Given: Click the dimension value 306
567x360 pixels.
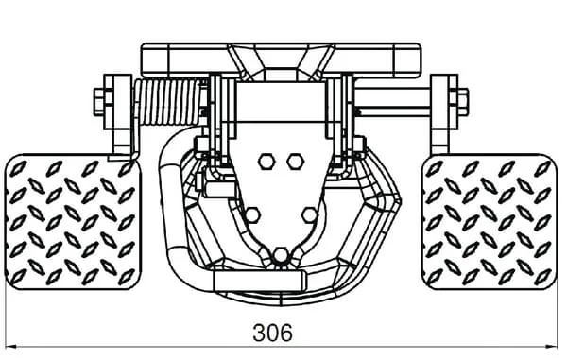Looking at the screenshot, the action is pos(273,333).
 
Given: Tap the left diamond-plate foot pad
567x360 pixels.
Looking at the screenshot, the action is pos(73,221).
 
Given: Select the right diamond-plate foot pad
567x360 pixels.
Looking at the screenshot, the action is pos(490,221).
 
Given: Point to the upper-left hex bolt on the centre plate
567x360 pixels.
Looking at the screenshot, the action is pos(266,162).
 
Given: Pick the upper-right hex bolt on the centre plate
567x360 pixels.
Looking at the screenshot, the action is pos(295,162).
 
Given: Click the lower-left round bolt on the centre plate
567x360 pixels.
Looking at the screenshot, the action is pos(251,215).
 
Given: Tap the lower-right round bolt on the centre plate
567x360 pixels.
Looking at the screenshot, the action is pos(310,215).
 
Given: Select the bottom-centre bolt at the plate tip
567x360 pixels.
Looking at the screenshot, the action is pos(281,255).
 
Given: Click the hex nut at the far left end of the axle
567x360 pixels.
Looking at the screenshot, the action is pos(99,101).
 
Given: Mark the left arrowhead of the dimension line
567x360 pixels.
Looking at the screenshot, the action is pos(11,347).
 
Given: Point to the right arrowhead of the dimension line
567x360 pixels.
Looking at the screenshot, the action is pos(551,347).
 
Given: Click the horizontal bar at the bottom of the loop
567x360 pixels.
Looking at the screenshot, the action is pos(259,281).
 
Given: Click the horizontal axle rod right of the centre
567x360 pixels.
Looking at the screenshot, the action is pos(392,103).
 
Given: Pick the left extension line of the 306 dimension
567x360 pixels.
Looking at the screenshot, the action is pos(7,318).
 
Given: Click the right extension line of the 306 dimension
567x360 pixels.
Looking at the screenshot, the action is pos(557,318).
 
